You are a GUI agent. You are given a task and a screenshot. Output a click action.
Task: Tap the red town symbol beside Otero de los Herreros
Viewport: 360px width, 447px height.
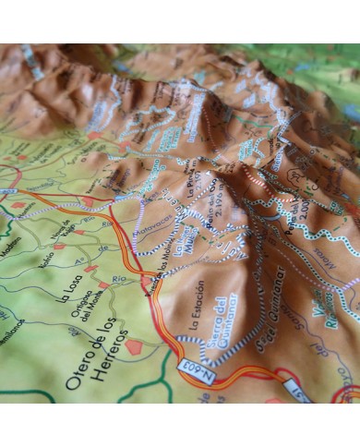click(x=135, y=347)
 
